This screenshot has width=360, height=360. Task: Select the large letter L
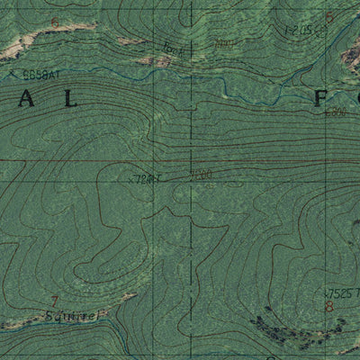coord(72,102)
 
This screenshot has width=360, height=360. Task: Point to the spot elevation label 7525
coord(336,293)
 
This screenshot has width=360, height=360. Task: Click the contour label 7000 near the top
coord(225,43)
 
